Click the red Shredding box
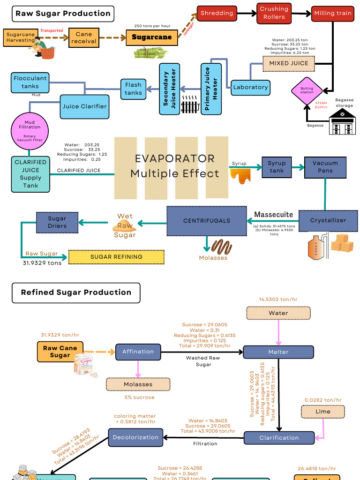coord(217,13)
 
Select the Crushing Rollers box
coord(274,13)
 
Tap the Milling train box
coord(333,13)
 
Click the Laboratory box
coord(250,87)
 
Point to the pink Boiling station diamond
coord(307,90)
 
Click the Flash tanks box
coord(133,89)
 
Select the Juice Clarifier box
coord(85,106)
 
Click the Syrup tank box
coord(277,167)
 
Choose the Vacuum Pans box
coord(325,167)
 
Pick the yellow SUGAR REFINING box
coord(116,257)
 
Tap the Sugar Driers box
coord(57,222)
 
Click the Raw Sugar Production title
coord(63,14)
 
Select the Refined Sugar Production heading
coord(76,292)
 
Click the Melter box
coord(278,352)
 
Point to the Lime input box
coord(323,412)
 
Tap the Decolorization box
coord(136,438)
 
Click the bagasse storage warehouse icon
coord(342,123)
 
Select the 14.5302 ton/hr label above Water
coord(278,299)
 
